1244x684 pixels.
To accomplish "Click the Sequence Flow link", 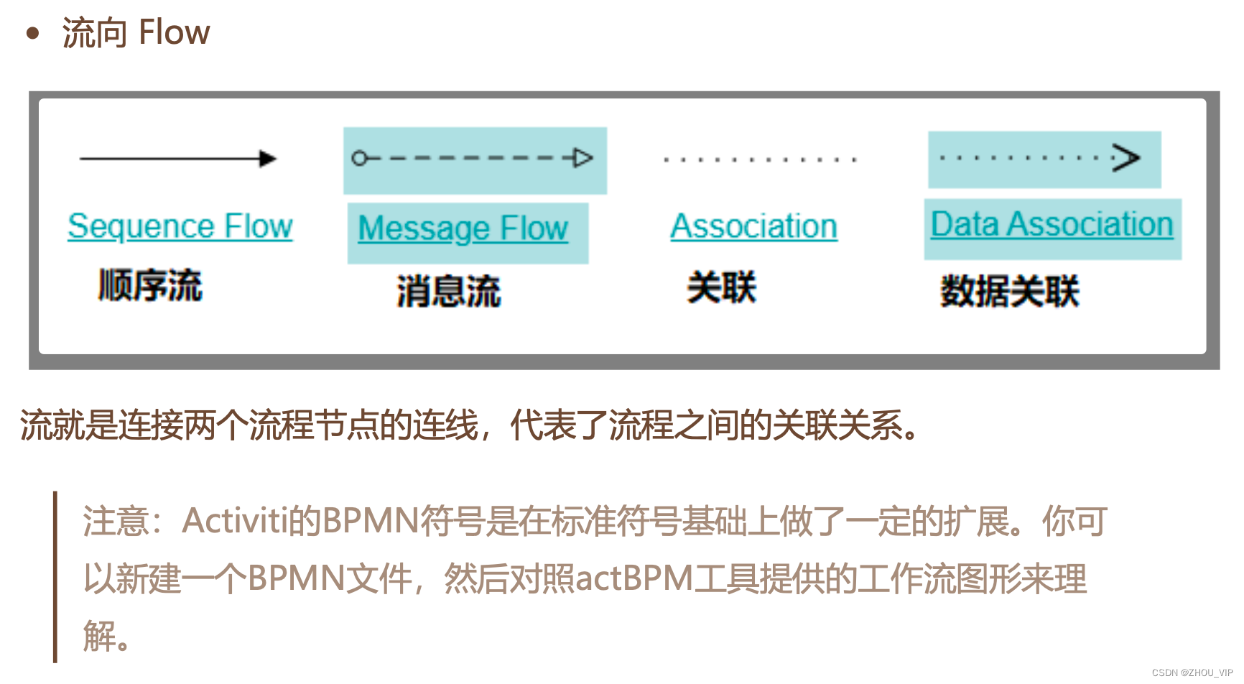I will click(180, 226).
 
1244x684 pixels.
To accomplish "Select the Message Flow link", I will click(463, 228).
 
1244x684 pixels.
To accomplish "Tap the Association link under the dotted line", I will click(753, 226).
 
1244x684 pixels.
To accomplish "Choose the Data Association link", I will click(1052, 224).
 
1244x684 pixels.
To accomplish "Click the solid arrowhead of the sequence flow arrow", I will click(268, 159).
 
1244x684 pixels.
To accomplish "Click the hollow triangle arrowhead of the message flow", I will click(583, 158).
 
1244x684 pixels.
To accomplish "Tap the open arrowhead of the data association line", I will click(1126, 157).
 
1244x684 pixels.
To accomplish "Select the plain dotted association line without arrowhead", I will click(760, 160).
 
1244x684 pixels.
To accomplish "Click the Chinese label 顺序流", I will click(150, 285).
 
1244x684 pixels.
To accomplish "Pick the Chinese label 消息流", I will click(448, 292).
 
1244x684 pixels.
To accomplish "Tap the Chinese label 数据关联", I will click(1009, 291).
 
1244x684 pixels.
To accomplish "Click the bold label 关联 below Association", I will click(721, 287).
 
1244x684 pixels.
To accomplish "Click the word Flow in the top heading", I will click(174, 32).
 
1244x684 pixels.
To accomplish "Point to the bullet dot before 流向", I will click(32, 33).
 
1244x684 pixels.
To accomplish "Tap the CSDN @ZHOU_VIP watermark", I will click(1192, 673).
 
